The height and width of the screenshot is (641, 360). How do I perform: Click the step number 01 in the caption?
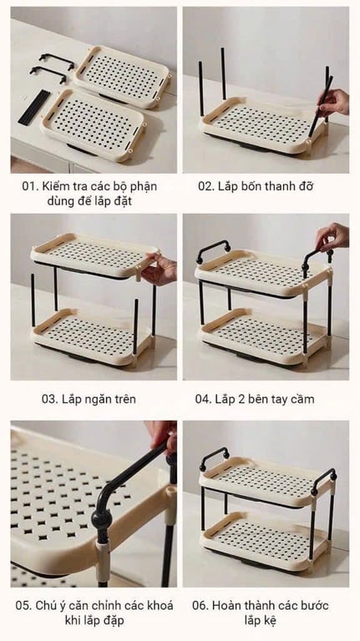coord(29,186)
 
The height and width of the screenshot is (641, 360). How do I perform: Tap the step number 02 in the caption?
coord(206,186)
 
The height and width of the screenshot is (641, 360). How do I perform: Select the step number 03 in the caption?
coord(50,399)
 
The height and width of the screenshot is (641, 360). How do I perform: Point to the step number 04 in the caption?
coord(205,399)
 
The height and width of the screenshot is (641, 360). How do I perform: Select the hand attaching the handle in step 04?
coord(332,235)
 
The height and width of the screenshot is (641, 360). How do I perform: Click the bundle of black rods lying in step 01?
coord(32,106)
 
